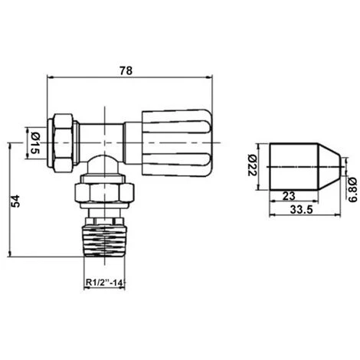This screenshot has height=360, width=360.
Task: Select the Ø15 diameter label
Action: coord(33,142)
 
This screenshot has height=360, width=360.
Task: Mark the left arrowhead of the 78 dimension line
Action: coord(51,77)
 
